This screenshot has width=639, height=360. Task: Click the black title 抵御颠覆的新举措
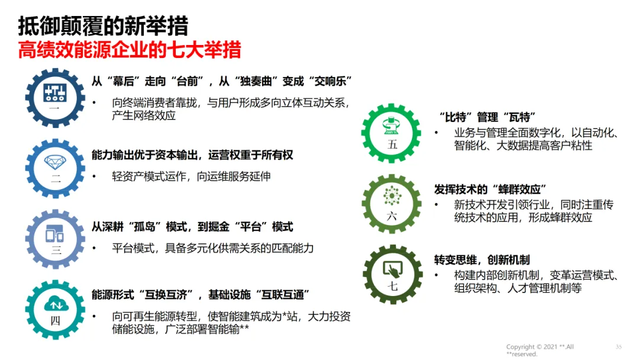pos(103,26)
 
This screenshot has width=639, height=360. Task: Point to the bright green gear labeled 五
pos(392,133)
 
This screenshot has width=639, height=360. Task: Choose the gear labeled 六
pos(392,204)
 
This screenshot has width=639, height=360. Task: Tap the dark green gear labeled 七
pos(392,275)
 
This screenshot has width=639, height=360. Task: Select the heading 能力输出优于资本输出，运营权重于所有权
pos(192,155)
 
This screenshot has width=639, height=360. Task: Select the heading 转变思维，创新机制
pos(482,260)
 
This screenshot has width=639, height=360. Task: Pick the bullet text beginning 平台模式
pos(212,248)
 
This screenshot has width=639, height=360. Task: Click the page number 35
pos(619,346)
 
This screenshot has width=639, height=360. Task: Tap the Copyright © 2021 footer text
pos(540,347)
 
